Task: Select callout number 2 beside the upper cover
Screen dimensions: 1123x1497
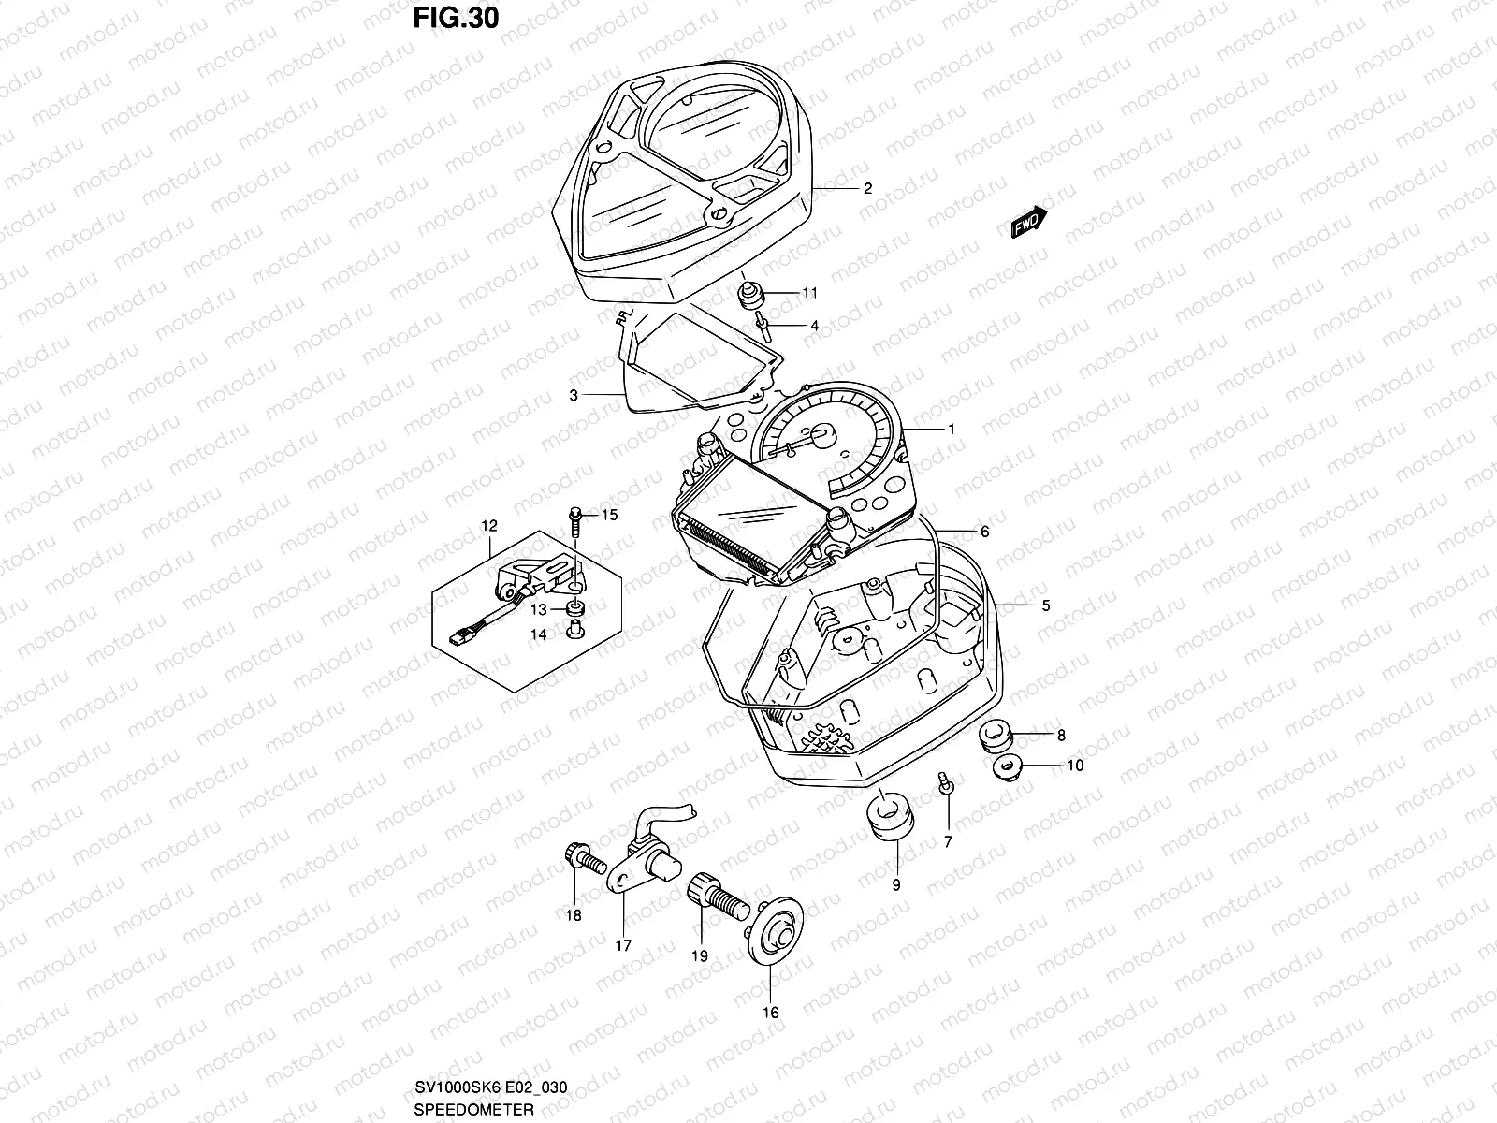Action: click(x=867, y=188)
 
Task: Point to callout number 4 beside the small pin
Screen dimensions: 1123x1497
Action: click(x=814, y=326)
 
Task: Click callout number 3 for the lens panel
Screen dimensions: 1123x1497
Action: click(x=574, y=395)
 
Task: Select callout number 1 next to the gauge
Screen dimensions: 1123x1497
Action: click(x=952, y=430)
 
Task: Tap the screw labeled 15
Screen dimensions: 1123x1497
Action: click(x=575, y=516)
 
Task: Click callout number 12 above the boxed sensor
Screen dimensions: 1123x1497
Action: click(x=490, y=526)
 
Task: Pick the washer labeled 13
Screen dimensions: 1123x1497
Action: click(x=574, y=610)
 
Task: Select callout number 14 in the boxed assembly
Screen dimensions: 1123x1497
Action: click(x=538, y=634)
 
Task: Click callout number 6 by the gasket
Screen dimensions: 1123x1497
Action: click(x=984, y=532)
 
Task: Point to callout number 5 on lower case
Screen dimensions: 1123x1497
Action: click(x=1045, y=605)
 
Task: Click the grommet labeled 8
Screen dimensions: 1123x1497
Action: click(x=995, y=736)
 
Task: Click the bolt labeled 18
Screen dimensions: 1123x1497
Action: click(x=576, y=856)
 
